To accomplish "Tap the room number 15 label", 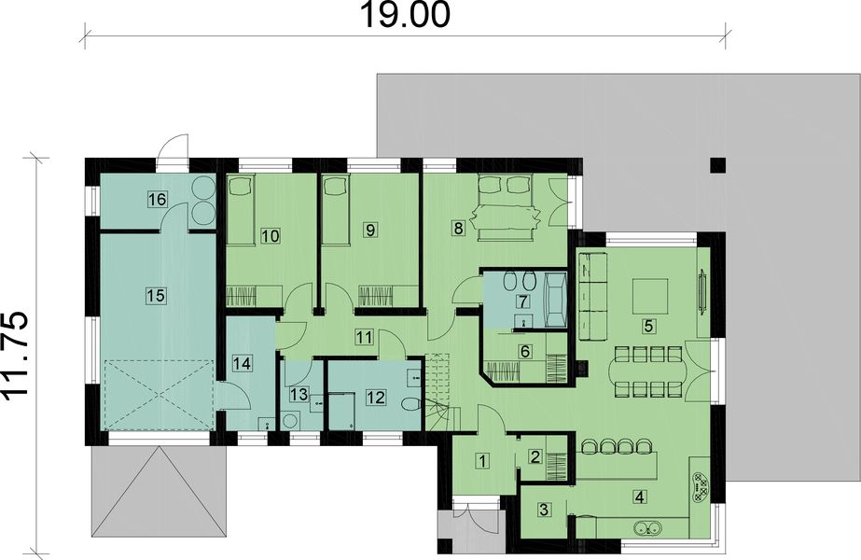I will pyautogui.click(x=156, y=295).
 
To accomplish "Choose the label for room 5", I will pyautogui.click(x=646, y=327).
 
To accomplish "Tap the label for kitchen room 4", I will pyautogui.click(x=639, y=496).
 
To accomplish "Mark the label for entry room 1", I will pyautogui.click(x=482, y=459).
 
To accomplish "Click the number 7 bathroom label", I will pyautogui.click(x=523, y=301).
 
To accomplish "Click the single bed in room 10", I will pyautogui.click(x=243, y=210).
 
